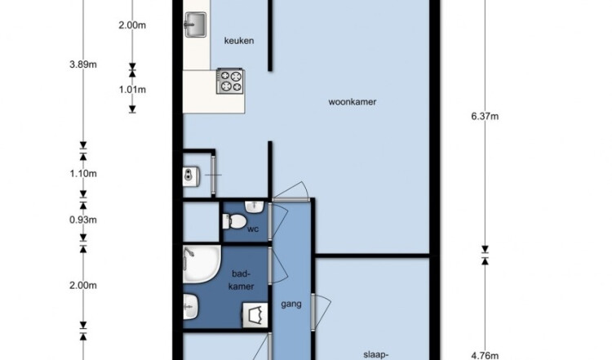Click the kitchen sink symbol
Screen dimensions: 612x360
[x=195, y=24]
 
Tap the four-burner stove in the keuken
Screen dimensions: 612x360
[x=230, y=81]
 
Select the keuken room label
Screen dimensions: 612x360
[x=239, y=41]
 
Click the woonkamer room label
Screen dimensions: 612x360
[x=352, y=102]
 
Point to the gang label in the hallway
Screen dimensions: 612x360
[x=291, y=304]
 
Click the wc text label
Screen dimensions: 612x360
[x=253, y=229]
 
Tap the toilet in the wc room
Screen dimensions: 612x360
[x=234, y=221]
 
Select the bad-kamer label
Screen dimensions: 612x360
[x=242, y=279]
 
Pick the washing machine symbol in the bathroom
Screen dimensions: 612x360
[x=255, y=315]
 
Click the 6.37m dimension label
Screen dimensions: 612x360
[x=485, y=117]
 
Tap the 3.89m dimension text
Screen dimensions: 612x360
[x=83, y=64]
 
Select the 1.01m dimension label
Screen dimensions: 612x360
[x=132, y=90]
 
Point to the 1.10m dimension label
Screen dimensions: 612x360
[x=83, y=173]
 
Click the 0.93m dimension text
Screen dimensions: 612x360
[x=83, y=220]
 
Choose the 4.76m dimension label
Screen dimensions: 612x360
[x=485, y=355]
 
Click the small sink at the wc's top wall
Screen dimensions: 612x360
[x=255, y=207]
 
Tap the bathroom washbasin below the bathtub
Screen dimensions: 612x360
[x=190, y=306]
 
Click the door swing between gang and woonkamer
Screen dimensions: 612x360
[x=290, y=191]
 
